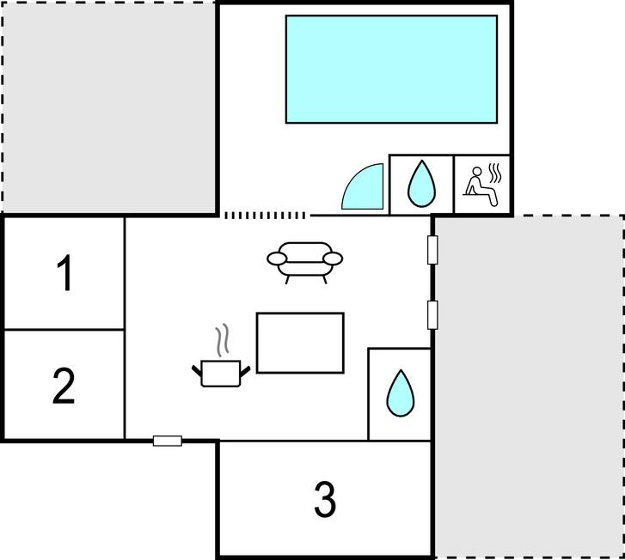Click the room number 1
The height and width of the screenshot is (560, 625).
pos(65,273)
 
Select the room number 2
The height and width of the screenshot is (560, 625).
pos(64,386)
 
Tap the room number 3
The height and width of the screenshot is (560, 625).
pos(325,500)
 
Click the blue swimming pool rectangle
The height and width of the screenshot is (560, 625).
pos(391,70)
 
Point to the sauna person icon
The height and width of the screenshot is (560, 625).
pos(481,186)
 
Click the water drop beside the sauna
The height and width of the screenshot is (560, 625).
pos(421,184)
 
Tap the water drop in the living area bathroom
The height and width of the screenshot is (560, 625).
pos(401,393)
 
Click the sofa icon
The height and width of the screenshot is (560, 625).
pos(305,263)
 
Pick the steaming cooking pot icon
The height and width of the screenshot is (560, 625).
pos(221,373)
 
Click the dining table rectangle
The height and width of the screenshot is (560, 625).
pos(300,343)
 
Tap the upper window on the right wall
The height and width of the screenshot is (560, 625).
pos(432,250)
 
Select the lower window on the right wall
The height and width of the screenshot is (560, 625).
pos(432,315)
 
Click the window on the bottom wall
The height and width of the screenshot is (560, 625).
pos(168,441)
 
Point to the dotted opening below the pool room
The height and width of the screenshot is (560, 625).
pos(265,216)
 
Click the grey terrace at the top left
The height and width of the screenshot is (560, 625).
pos(109,107)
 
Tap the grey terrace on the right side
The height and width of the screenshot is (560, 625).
pos(529,387)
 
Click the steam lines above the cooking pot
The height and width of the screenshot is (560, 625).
pos(223,340)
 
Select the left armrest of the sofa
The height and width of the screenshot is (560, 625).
pos(277,259)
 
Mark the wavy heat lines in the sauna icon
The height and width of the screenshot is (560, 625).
pos(494,173)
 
